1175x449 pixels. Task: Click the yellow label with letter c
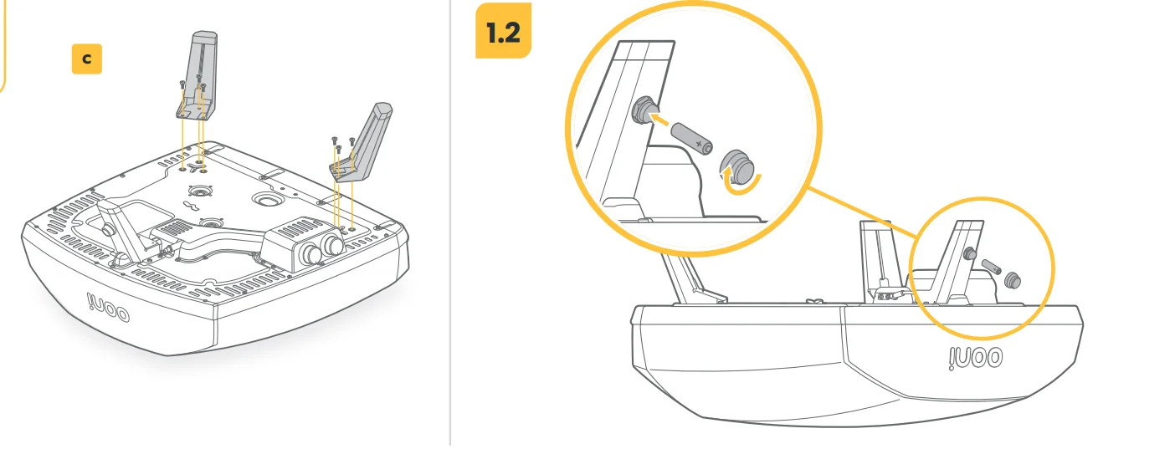point(86,59)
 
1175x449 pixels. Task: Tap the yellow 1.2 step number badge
point(503,30)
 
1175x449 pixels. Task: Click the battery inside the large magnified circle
point(692,139)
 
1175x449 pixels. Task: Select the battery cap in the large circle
point(736,166)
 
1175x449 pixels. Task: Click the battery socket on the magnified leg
point(642,110)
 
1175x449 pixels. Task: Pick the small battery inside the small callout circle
point(992,267)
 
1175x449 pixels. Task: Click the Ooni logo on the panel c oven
point(107,308)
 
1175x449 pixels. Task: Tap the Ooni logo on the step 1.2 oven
point(976,359)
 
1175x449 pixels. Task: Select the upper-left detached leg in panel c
point(198,76)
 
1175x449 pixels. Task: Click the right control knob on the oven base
point(332,243)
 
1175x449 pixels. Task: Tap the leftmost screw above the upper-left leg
point(182,84)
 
